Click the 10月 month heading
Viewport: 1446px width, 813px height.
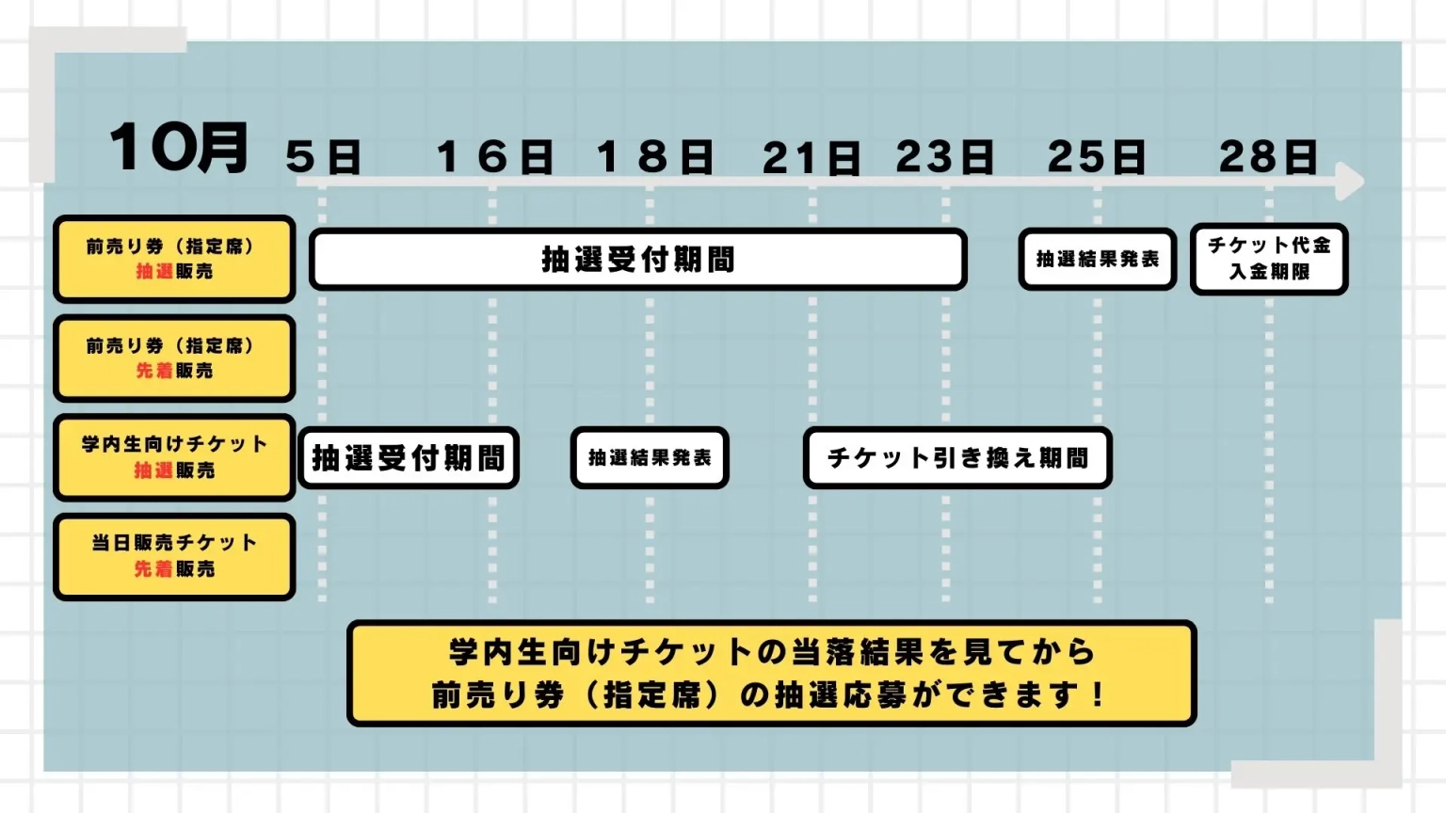click(179, 149)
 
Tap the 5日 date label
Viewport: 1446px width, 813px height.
click(323, 157)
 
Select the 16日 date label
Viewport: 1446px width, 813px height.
click(494, 157)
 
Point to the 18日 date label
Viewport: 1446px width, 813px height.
click(654, 157)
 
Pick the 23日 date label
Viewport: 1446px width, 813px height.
click(944, 157)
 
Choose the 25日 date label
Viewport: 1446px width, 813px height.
click(1097, 157)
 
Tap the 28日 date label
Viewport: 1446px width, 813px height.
click(1268, 157)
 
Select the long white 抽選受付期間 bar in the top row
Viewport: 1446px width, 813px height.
click(638, 259)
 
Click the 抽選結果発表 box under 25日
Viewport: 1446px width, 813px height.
click(1098, 259)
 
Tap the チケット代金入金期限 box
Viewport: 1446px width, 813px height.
click(1269, 259)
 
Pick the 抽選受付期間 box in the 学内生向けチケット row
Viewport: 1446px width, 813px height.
click(409, 458)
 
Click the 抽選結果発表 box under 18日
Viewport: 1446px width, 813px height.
click(650, 458)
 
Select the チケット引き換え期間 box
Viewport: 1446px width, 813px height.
click(957, 458)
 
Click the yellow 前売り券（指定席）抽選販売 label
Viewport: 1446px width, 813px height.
click(174, 259)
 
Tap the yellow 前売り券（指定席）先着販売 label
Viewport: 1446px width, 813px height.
click(174, 359)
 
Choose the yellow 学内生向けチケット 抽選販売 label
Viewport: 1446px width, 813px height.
click(174, 457)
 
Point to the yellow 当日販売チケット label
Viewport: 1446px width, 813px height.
click(174, 556)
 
